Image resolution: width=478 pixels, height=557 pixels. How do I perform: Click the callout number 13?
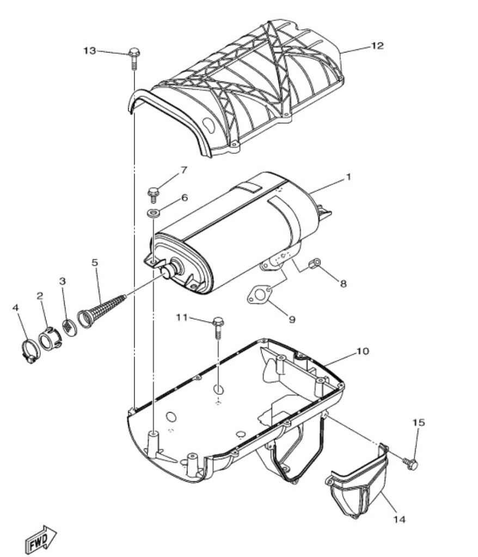click(90, 51)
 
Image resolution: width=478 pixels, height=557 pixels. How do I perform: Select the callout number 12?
click(377, 46)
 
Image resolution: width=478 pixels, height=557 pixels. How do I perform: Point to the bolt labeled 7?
click(154, 194)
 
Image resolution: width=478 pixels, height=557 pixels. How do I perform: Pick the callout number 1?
click(348, 177)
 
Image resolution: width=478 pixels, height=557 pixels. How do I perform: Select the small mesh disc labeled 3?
click(70, 326)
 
